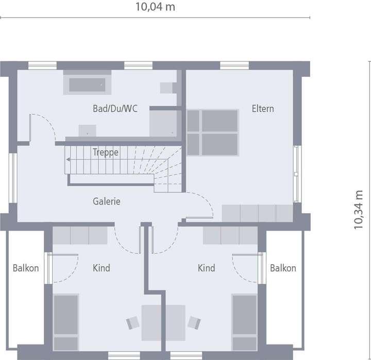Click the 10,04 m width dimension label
pyautogui.click(x=155, y=7)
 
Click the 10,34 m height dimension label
pyautogui.click(x=359, y=209)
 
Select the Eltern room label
pyautogui.click(x=263, y=109)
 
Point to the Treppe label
pyautogui.click(x=106, y=152)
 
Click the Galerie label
pyautogui.click(x=107, y=201)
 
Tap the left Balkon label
pyautogui.click(x=26, y=268)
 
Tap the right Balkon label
pyautogui.click(x=283, y=268)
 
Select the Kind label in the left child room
pyautogui.click(x=101, y=268)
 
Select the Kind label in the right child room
pyautogui.click(x=207, y=268)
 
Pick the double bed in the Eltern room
pyautogui.click(x=213, y=132)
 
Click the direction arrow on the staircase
pyautogui.click(x=70, y=160)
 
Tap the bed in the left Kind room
pyautogui.click(x=66, y=321)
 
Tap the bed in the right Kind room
pyautogui.click(x=245, y=321)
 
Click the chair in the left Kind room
pyautogui.click(x=133, y=322)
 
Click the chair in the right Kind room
pyautogui.click(x=194, y=322)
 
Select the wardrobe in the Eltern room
pyautogui.click(x=257, y=213)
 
